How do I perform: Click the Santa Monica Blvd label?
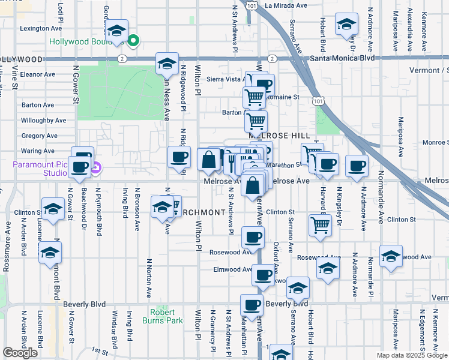point(343,58)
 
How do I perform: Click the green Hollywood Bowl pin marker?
point(134,41)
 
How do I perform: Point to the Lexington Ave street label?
point(41,28)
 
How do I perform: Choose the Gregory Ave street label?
point(39,136)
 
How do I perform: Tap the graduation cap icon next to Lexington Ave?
point(118,31)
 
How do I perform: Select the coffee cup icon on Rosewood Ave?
point(252,237)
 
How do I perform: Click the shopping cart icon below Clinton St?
point(320,225)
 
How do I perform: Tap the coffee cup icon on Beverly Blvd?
point(252,304)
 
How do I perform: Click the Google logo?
point(20,353)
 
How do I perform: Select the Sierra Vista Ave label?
point(225,79)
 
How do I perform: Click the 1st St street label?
point(99,350)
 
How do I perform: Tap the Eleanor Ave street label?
point(37,75)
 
